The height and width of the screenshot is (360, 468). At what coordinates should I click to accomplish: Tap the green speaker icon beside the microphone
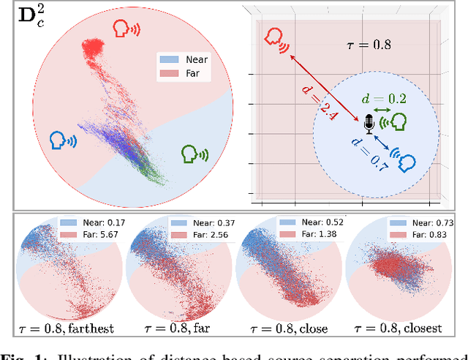tap(397, 121)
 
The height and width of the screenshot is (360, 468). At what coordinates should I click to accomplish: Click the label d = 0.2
tap(385, 97)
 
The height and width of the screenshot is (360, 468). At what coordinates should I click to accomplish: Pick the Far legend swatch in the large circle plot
tap(168, 74)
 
